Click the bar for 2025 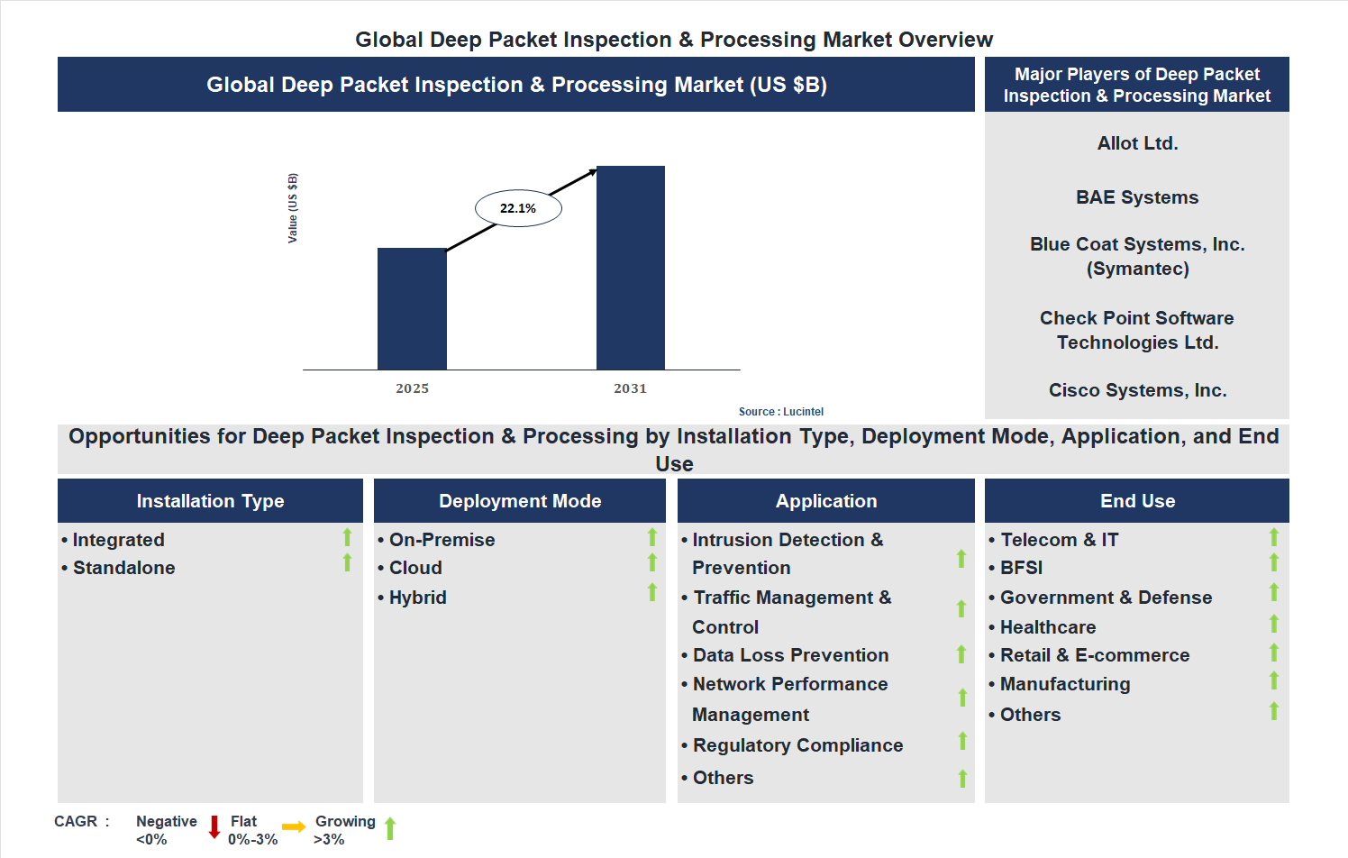pyautogui.click(x=412, y=308)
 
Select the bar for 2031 pyautogui.click(x=630, y=268)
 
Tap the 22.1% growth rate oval pyautogui.click(x=518, y=208)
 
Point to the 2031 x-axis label pyautogui.click(x=630, y=388)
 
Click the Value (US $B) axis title pyautogui.click(x=292, y=208)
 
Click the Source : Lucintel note pyautogui.click(x=780, y=412)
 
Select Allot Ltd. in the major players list pyautogui.click(x=1137, y=143)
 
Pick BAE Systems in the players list pyautogui.click(x=1137, y=197)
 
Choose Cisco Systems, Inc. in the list pyautogui.click(x=1137, y=390)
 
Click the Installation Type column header pyautogui.click(x=210, y=501)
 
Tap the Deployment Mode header pyautogui.click(x=520, y=501)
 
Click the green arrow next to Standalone pyautogui.click(x=347, y=563)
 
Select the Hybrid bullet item pyautogui.click(x=417, y=598)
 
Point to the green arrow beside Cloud pyautogui.click(x=651, y=563)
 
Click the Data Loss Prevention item pyautogui.click(x=790, y=655)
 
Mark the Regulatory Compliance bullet pyautogui.click(x=797, y=745)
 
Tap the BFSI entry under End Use pyautogui.click(x=1021, y=568)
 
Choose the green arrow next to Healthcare pyautogui.click(x=1273, y=624)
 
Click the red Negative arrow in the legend pyautogui.click(x=214, y=826)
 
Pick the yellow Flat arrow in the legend pyautogui.click(x=294, y=826)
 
